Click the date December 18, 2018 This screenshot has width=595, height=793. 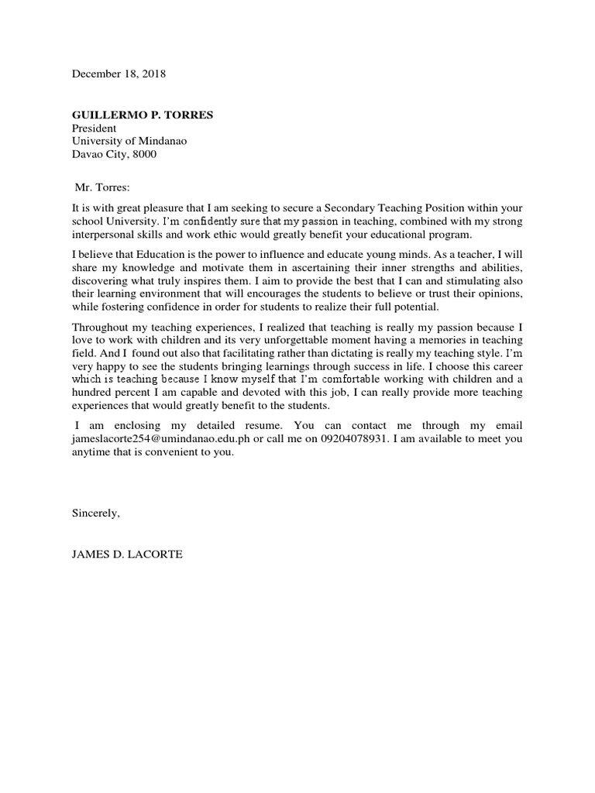point(119,74)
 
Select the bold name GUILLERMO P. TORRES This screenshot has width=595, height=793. point(142,115)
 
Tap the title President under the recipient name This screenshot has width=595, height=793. point(94,129)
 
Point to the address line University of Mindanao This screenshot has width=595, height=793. point(129,141)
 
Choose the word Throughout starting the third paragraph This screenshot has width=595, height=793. point(101,327)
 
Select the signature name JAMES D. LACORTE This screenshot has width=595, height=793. point(126,554)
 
